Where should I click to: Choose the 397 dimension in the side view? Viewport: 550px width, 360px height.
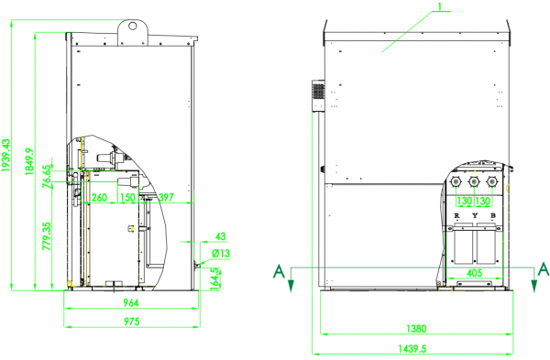pos(166,197)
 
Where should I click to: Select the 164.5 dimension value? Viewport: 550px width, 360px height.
pos(216,276)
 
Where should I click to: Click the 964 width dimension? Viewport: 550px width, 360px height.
pos(131,303)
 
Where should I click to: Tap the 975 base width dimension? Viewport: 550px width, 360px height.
pos(131,322)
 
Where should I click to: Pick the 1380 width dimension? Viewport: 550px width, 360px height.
pos(416,329)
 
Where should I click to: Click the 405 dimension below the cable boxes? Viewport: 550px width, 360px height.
pos(474,273)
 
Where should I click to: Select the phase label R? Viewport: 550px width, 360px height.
pos(456,216)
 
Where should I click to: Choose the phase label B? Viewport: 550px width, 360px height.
pos(492,216)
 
